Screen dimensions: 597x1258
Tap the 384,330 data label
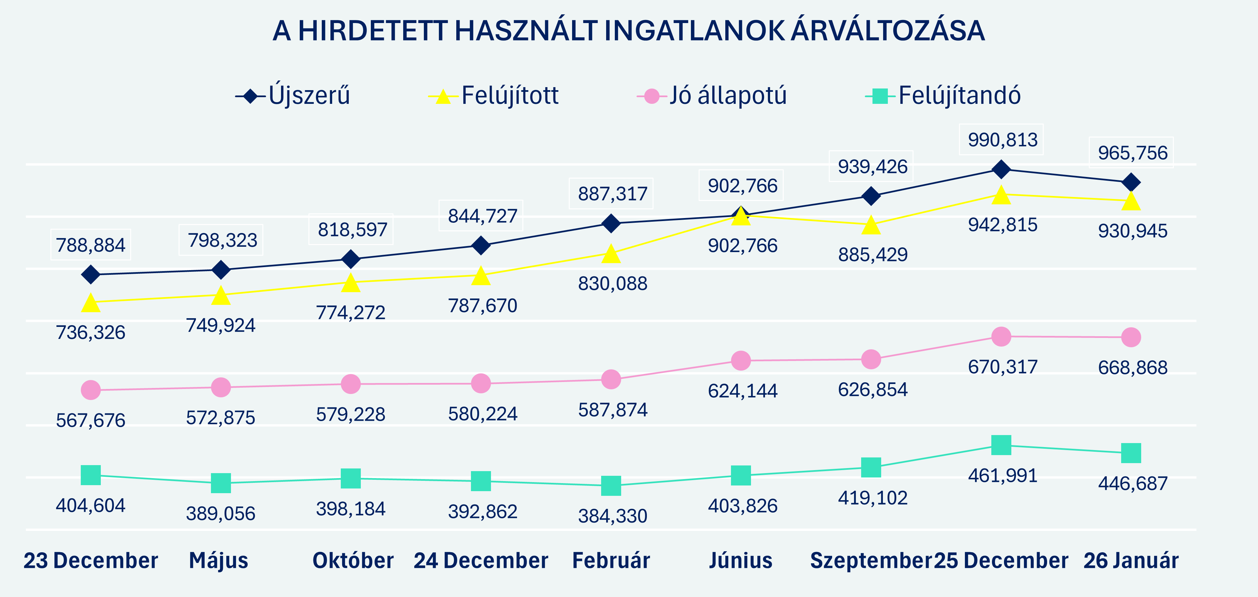click(612, 516)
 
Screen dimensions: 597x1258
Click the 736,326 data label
click(91, 333)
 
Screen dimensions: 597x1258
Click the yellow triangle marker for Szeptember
click(871, 226)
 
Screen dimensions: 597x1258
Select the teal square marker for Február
click(611, 485)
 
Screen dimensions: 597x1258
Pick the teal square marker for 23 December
click(91, 475)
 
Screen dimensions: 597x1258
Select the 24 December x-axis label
click(481, 560)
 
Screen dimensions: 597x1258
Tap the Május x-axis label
click(219, 560)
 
